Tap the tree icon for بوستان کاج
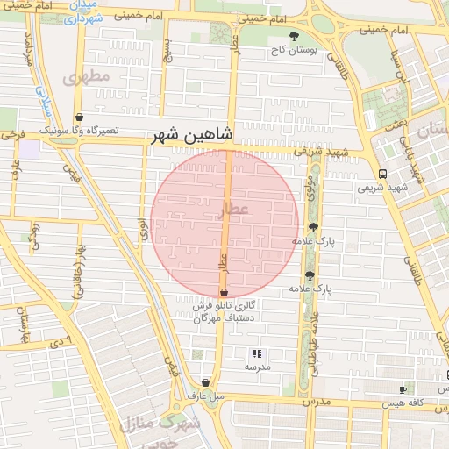[x=294, y=36]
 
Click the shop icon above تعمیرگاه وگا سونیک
[x=80, y=117]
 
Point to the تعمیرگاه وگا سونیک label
[x=80, y=130]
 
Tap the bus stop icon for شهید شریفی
[x=381, y=174]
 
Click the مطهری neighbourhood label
[x=87, y=76]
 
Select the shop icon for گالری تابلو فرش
[x=224, y=292]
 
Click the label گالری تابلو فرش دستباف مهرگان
[x=224, y=311]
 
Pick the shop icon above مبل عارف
[x=205, y=382]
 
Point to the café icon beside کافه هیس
[x=403, y=388]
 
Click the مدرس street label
[x=317, y=402]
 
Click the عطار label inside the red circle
[x=237, y=210]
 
